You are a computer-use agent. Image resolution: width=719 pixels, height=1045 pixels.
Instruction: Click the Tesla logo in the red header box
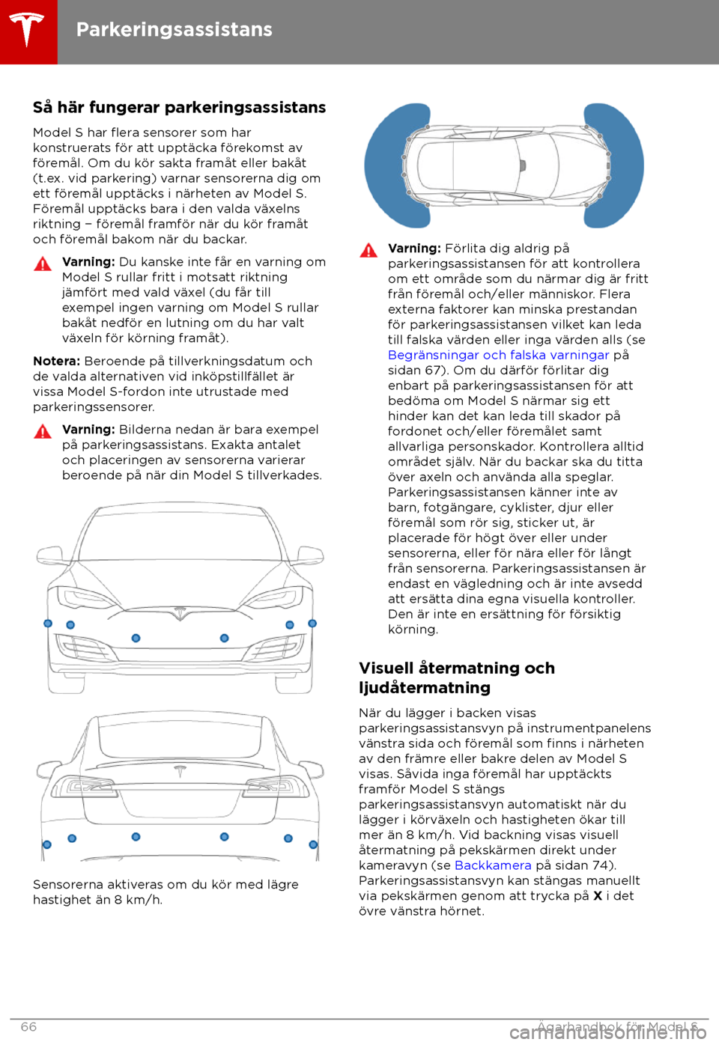28,31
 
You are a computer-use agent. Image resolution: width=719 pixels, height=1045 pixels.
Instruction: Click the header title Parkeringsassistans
174,30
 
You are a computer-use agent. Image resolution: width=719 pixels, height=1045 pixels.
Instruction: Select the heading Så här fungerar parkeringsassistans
179,108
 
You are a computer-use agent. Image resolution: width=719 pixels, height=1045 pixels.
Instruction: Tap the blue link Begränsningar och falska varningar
498,355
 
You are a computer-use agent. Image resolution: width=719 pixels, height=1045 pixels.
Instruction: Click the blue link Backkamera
492,865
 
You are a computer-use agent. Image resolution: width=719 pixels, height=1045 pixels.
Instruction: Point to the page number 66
28,1026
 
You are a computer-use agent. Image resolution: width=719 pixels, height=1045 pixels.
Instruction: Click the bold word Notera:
56,361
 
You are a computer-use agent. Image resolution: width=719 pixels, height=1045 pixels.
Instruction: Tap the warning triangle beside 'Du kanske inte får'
43,263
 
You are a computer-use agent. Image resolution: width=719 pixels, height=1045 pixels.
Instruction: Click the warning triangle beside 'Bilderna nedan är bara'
43,431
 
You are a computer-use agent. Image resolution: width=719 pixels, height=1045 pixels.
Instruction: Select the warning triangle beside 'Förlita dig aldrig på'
368,250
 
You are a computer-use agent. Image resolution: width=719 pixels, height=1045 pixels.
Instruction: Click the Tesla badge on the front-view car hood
180,613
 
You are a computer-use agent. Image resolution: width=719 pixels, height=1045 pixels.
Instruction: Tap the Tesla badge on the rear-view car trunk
179,771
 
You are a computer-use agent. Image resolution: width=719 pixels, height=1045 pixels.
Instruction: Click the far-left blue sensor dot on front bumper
48,624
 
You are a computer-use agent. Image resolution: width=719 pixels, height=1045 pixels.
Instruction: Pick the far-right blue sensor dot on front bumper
312,624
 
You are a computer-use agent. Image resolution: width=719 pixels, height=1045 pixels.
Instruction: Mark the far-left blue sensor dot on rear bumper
47,844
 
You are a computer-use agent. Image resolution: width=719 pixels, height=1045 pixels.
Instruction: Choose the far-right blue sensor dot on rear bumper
313,844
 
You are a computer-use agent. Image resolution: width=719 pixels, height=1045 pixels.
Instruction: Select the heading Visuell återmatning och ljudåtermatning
457,677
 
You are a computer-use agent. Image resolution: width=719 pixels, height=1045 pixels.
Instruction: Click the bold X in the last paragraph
598,896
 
